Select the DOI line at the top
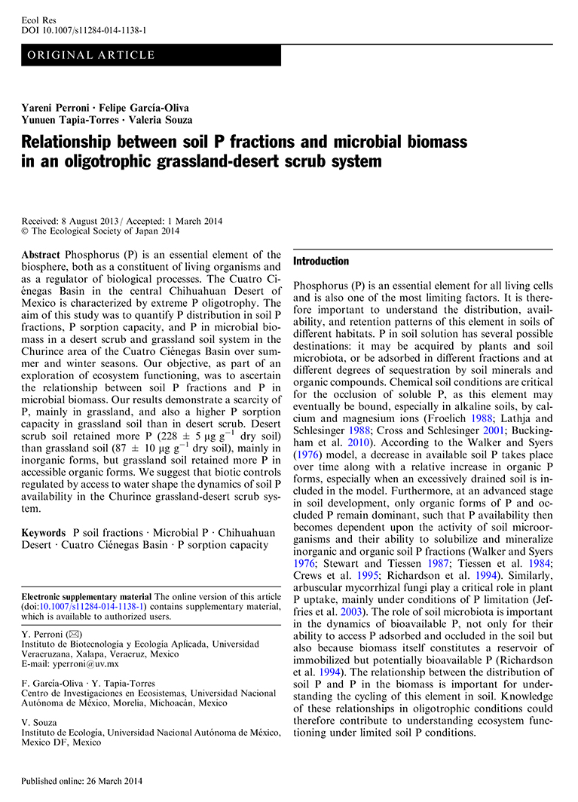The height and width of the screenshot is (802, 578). pos(84,30)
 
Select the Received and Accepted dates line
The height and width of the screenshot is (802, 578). pos(112,220)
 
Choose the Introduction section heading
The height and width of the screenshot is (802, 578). pos(321,262)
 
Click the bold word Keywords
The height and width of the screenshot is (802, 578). pos(44,532)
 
